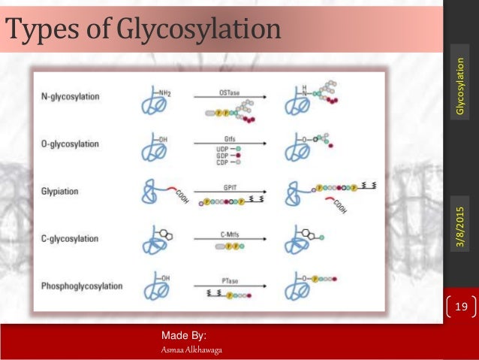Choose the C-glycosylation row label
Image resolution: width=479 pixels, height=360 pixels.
pos(71,239)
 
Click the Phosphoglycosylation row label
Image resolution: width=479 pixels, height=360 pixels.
pos(83,286)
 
